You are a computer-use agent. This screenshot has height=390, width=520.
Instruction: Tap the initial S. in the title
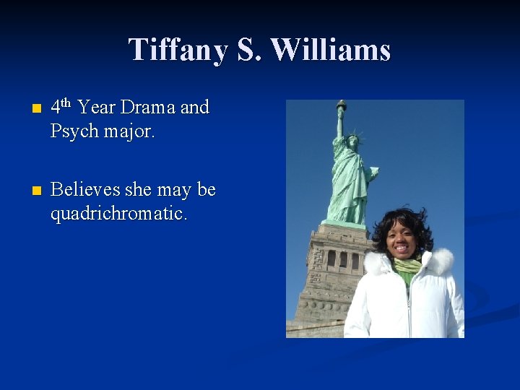[x=253, y=51]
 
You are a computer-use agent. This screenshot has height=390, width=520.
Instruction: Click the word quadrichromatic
[x=118, y=214]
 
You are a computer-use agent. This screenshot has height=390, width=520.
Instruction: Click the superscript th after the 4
[x=65, y=103]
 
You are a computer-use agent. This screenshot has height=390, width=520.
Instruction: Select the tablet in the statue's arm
[x=372, y=173]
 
